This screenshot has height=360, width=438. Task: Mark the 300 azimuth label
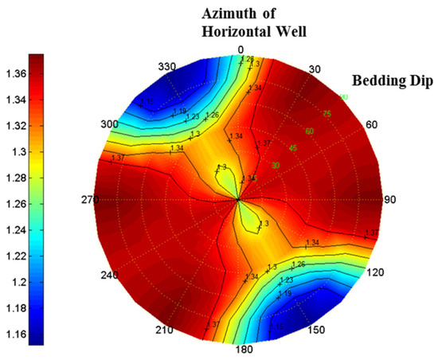click(109, 125)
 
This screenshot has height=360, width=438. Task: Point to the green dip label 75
click(327, 114)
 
